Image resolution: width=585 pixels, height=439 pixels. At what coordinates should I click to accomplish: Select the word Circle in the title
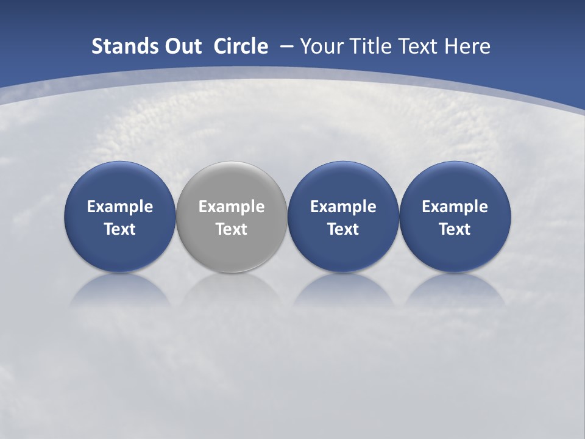[241, 46]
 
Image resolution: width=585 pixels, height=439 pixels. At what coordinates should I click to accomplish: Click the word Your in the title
[321, 46]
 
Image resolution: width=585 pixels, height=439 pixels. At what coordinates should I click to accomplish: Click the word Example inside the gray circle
[232, 207]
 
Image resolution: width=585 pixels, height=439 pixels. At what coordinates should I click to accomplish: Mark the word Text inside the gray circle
[232, 229]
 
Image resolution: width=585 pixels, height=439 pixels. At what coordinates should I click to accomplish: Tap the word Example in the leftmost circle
[119, 207]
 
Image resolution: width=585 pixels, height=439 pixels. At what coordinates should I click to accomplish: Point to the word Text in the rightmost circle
[455, 229]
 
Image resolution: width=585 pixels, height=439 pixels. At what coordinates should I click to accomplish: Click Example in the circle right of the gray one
[343, 207]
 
